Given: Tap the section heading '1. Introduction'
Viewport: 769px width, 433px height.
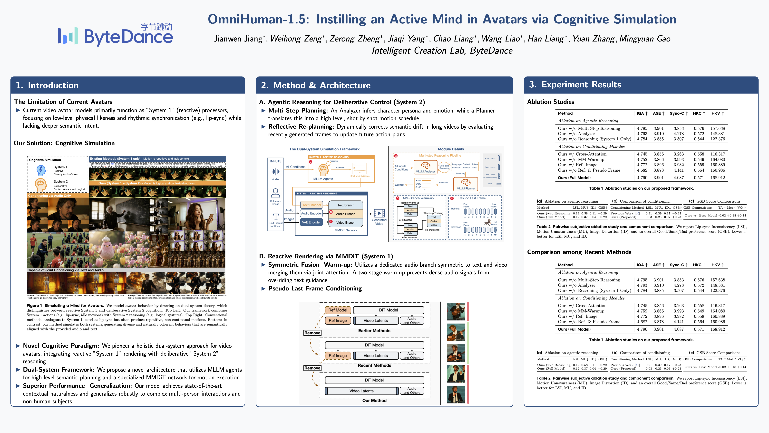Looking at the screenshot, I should (x=47, y=85).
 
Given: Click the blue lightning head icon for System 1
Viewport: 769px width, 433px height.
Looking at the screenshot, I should (x=41, y=170).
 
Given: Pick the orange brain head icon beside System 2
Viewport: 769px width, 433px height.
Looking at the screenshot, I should (x=41, y=184).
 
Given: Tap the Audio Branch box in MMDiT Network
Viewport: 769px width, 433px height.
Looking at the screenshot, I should (x=345, y=214).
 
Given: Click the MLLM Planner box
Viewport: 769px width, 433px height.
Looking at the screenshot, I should (x=465, y=184).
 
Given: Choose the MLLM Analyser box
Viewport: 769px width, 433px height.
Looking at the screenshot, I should (x=425, y=167).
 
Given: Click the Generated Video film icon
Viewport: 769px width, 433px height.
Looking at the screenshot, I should (x=379, y=213).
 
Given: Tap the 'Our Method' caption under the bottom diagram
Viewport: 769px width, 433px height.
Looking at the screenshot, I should (x=374, y=400).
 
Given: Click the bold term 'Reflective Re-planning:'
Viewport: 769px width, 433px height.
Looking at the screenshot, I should (x=301, y=127).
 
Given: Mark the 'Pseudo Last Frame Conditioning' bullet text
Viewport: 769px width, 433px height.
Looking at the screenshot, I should (x=315, y=288).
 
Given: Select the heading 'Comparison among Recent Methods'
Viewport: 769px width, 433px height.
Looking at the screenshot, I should (x=579, y=252).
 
